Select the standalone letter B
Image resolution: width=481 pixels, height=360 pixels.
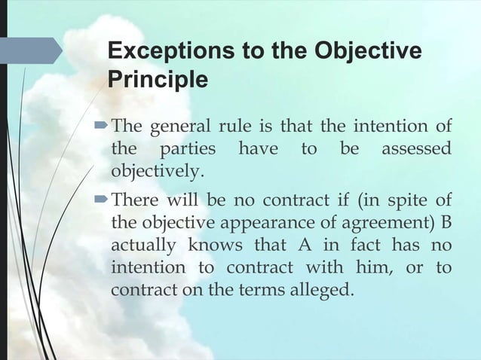446,223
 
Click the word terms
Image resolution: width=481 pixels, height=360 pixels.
254,290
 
